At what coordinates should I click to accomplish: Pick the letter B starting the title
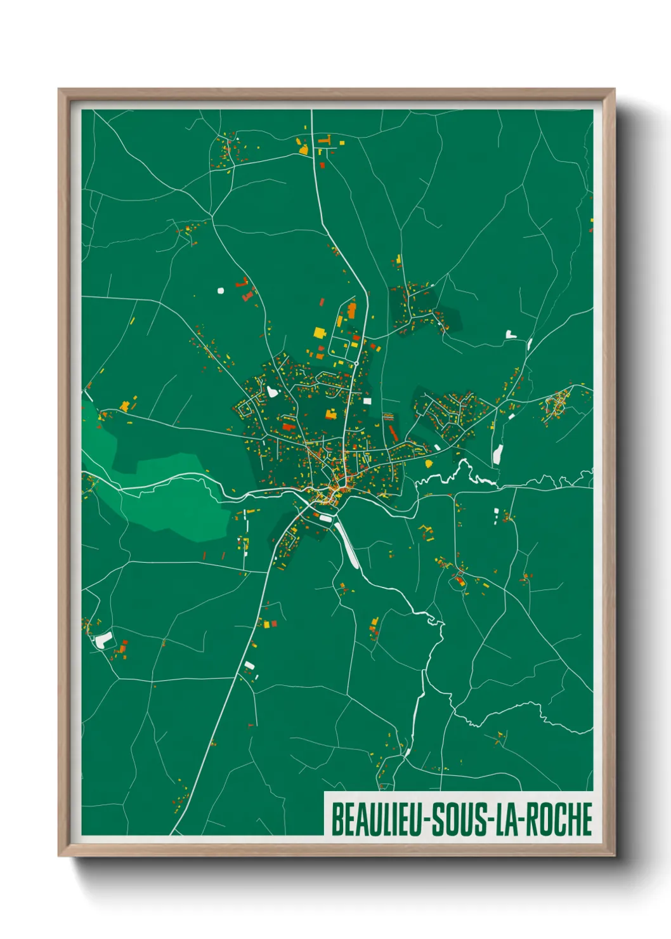(336, 819)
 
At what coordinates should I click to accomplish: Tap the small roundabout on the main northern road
(357, 363)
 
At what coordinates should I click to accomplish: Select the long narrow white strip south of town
(348, 546)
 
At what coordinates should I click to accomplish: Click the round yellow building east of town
(429, 464)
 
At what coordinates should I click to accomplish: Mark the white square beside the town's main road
(367, 401)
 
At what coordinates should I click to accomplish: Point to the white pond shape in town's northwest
(273, 391)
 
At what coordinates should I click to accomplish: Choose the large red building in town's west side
(289, 426)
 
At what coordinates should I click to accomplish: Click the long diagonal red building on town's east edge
(393, 433)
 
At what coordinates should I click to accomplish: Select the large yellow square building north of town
(319, 332)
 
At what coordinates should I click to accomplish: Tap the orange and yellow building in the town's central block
(330, 415)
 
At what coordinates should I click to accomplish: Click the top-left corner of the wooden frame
(59, 89)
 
